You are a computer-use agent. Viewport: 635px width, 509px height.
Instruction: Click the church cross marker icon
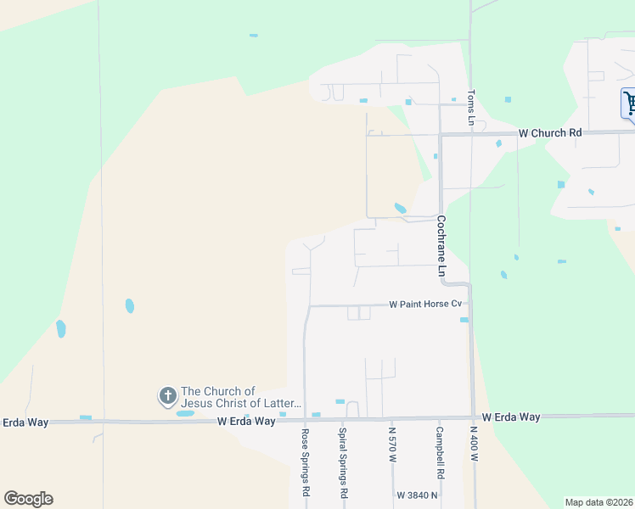pyautogui.click(x=167, y=395)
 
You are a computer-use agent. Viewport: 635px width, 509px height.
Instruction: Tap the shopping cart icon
pyautogui.click(x=630, y=103)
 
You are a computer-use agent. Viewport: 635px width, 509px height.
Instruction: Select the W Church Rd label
pyautogui.click(x=550, y=133)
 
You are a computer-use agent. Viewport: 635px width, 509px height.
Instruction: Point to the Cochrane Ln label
pyautogui.click(x=441, y=246)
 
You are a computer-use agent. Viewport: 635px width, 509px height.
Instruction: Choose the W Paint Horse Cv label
pyautogui.click(x=425, y=304)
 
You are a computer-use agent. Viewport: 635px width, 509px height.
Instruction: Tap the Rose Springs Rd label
pyautogui.click(x=305, y=462)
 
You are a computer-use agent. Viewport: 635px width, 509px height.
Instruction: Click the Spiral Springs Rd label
pyautogui.click(x=344, y=462)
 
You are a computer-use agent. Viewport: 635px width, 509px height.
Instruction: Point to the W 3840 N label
pyautogui.click(x=416, y=495)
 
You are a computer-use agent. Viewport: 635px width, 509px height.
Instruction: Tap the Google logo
pyautogui.click(x=28, y=499)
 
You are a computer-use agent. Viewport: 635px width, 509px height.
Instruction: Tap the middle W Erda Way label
pyautogui.click(x=246, y=421)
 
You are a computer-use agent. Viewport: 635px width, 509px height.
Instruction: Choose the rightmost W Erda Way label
pyautogui.click(x=511, y=417)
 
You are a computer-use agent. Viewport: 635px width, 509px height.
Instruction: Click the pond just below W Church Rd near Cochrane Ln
pyautogui.click(x=400, y=208)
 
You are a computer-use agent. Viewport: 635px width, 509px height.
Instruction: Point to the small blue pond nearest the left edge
pyautogui.click(x=61, y=328)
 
